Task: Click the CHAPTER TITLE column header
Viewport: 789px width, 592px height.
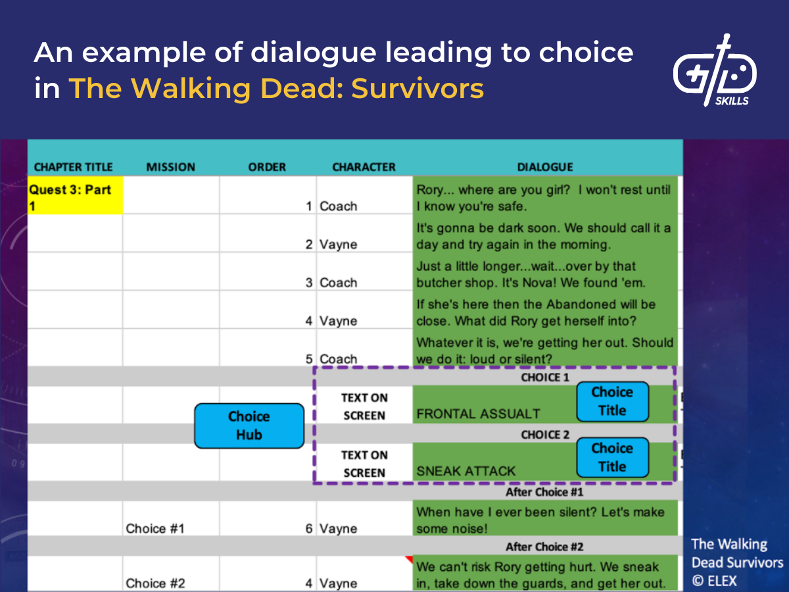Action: click(73, 167)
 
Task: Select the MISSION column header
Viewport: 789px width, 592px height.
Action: click(171, 167)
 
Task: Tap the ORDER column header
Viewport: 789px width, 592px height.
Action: click(268, 167)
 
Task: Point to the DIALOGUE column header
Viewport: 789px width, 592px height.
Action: click(545, 167)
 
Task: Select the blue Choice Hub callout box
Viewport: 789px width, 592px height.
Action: click(249, 426)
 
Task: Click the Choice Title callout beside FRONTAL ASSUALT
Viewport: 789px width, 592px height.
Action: click(612, 401)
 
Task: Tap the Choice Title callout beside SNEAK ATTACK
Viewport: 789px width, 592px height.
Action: click(612, 458)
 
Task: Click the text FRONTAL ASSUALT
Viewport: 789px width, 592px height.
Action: click(478, 414)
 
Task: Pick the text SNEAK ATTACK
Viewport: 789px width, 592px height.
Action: click(466, 471)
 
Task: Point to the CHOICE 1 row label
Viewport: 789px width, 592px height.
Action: click(545, 378)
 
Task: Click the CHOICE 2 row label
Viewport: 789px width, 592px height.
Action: click(545, 435)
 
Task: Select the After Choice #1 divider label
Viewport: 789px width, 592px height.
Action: click(544, 492)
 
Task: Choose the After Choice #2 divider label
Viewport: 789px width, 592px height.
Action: click(544, 547)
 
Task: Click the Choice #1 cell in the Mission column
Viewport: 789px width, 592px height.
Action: click(155, 528)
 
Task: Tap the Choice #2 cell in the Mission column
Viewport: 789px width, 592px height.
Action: click(155, 583)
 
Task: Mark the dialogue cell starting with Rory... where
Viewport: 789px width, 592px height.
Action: click(544, 197)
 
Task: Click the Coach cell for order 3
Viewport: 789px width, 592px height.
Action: click(339, 282)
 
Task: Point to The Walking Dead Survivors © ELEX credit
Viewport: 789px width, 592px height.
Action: click(737, 562)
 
